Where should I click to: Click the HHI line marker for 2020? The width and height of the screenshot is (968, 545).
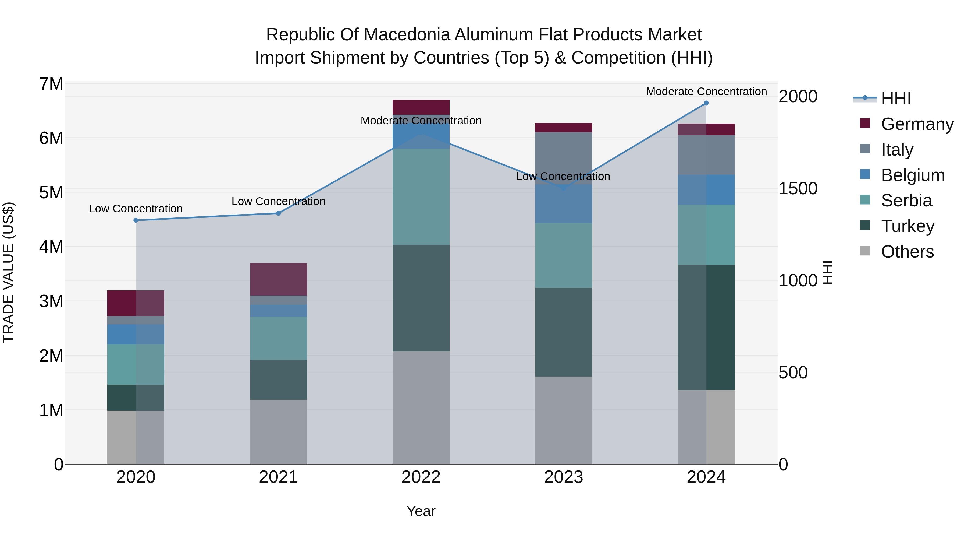(136, 220)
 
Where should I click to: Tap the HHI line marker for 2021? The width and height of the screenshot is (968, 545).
(279, 213)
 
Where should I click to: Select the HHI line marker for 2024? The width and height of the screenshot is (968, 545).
(706, 103)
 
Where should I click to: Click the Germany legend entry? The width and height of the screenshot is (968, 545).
(917, 124)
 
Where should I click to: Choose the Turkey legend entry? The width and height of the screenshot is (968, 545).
(907, 226)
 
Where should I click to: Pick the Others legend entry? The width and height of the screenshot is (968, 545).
(907, 252)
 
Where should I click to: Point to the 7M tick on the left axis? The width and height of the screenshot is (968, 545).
(51, 84)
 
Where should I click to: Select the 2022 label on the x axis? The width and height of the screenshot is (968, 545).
(421, 477)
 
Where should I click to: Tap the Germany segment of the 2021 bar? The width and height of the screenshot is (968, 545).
(279, 279)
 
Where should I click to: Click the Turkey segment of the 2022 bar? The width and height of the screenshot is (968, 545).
(421, 298)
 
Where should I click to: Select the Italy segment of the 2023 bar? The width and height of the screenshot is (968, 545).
(563, 158)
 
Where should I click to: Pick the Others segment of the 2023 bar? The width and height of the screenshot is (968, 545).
(563, 420)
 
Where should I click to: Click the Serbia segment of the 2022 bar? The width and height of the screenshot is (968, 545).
(421, 197)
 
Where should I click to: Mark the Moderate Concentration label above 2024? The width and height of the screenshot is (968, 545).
(706, 92)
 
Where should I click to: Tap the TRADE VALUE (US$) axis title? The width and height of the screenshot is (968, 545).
(8, 272)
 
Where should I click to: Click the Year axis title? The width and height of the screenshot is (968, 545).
(421, 511)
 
